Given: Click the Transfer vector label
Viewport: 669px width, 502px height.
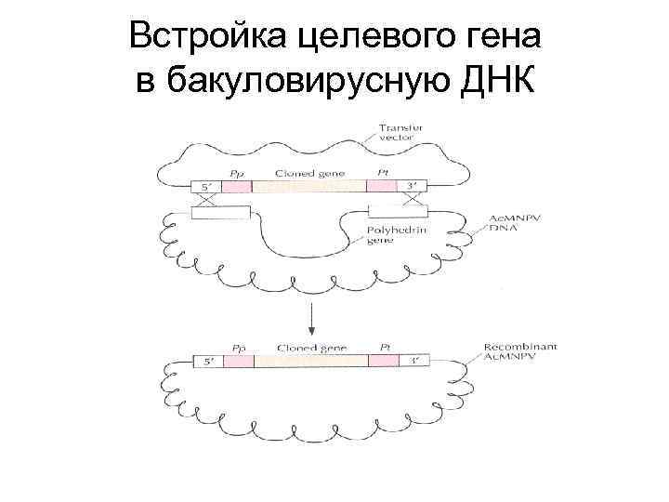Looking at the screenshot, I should pyautogui.click(x=400, y=132).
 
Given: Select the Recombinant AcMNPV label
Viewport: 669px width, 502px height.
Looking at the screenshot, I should pyautogui.click(x=520, y=352).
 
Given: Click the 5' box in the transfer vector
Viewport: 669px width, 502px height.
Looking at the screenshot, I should pyautogui.click(x=207, y=186).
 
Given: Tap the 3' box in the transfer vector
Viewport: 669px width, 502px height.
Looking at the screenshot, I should pyautogui.click(x=410, y=186).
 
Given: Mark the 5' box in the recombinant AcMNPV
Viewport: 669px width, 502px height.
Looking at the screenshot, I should pyautogui.click(x=207, y=361).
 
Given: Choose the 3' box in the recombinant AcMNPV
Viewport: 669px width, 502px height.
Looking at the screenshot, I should pyautogui.click(x=412, y=361).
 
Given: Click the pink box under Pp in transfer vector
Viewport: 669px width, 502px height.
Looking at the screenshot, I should pyautogui.click(x=237, y=186).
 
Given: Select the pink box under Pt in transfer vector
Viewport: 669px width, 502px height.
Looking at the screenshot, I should pyautogui.click(x=381, y=186).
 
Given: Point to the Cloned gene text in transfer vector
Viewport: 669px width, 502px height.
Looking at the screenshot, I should pyautogui.click(x=306, y=173).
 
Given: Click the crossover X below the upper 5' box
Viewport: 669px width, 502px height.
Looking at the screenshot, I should pyautogui.click(x=206, y=199).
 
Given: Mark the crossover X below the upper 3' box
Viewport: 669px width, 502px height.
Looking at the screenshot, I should pyautogui.click(x=415, y=199).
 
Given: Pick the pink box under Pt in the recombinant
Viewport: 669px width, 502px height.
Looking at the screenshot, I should pyautogui.click(x=383, y=361).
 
